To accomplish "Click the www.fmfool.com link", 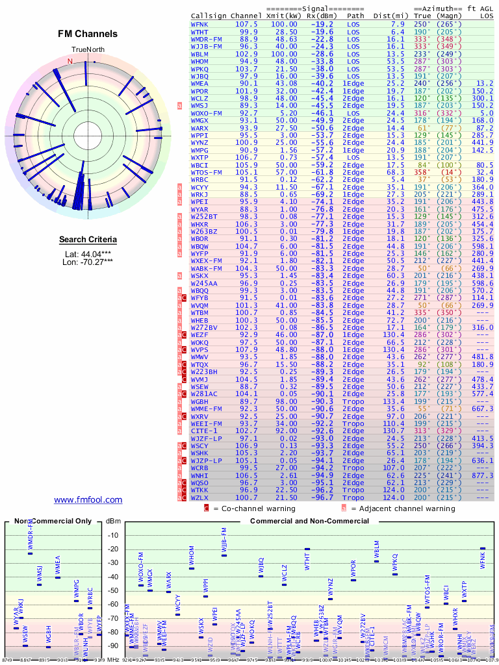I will pyautogui.click(x=88, y=499).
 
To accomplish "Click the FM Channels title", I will pyautogui.click(x=88, y=34).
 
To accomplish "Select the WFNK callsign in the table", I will pyautogui.click(x=199, y=23).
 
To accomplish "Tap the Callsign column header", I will pyautogui.click(x=209, y=15).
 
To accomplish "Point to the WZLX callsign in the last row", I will pyautogui.click(x=199, y=497).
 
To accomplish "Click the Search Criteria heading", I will pyautogui.click(x=88, y=240).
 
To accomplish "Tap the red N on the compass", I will pyautogui.click(x=70, y=62).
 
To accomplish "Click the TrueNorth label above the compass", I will pyautogui.click(x=88, y=50).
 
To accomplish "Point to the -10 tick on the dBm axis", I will pyautogui.click(x=114, y=535).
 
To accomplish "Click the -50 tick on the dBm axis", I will pyautogui.click(x=114, y=590).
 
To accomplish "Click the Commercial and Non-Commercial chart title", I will pyautogui.click(x=306, y=521).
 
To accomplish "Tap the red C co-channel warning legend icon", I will pyautogui.click(x=207, y=508).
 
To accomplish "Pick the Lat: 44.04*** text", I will pyautogui.click(x=88, y=253).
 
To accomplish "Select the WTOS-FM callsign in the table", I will pyautogui.click(x=206, y=172).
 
